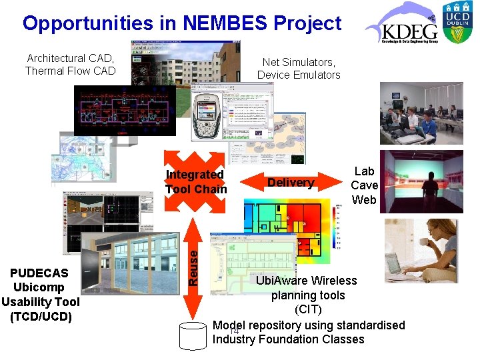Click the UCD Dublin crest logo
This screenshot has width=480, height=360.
[x=461, y=25]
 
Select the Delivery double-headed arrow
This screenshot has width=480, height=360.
[x=291, y=183]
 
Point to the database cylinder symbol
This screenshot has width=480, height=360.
[x=193, y=336]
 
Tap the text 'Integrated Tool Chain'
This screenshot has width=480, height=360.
[x=195, y=181]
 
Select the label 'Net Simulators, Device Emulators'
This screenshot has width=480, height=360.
[x=299, y=69]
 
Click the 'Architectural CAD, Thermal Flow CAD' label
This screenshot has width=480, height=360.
[x=70, y=65]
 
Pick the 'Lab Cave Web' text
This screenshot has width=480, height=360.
[x=364, y=185]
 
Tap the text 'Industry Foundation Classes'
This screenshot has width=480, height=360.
[x=288, y=339]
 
